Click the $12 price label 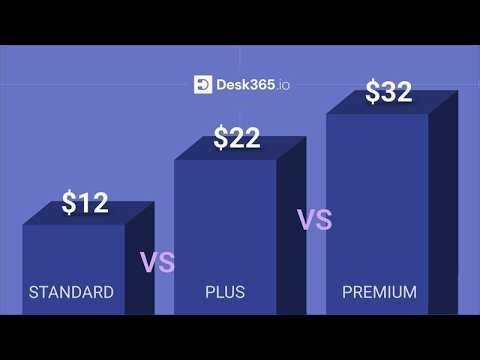(85, 203)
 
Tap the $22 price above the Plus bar (237, 139)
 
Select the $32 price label (388, 92)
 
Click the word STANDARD (71, 293)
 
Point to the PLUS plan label (225, 293)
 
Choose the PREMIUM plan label (380, 293)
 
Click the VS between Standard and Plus (157, 263)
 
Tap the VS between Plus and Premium (314, 220)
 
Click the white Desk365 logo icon (202, 85)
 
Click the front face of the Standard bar (73, 255)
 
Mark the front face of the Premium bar (377, 200)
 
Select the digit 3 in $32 (389, 92)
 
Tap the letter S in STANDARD (33, 293)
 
